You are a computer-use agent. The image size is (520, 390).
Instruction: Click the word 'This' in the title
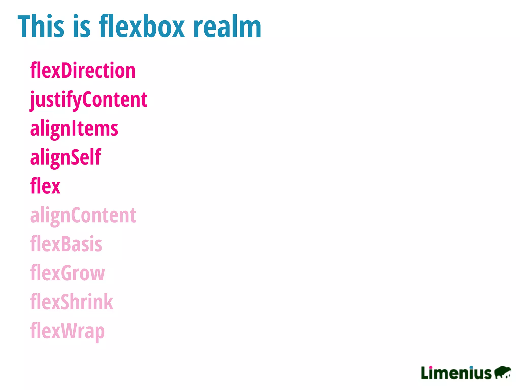pyautogui.click(x=41, y=27)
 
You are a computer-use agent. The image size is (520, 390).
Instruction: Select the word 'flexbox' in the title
pyautogui.click(x=142, y=27)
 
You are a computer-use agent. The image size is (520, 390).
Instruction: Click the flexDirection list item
pyautogui.click(x=83, y=70)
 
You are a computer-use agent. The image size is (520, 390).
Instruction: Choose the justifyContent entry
pyautogui.click(x=89, y=100)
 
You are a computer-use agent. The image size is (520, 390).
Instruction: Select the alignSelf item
pyautogui.click(x=66, y=157)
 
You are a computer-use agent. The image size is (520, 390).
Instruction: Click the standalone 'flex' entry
pyautogui.click(x=45, y=186)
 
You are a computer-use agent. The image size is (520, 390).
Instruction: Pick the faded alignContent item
pyautogui.click(x=83, y=215)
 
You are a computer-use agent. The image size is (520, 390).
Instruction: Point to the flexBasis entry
pyautogui.click(x=66, y=244)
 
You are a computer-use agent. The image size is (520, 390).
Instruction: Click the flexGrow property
pyautogui.click(x=67, y=273)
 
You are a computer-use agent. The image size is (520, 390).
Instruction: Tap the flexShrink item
pyautogui.click(x=72, y=302)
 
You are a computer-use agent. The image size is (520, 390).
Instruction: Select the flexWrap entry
pyautogui.click(x=67, y=331)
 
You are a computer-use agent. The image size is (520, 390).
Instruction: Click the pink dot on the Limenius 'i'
pyautogui.click(x=431, y=367)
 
